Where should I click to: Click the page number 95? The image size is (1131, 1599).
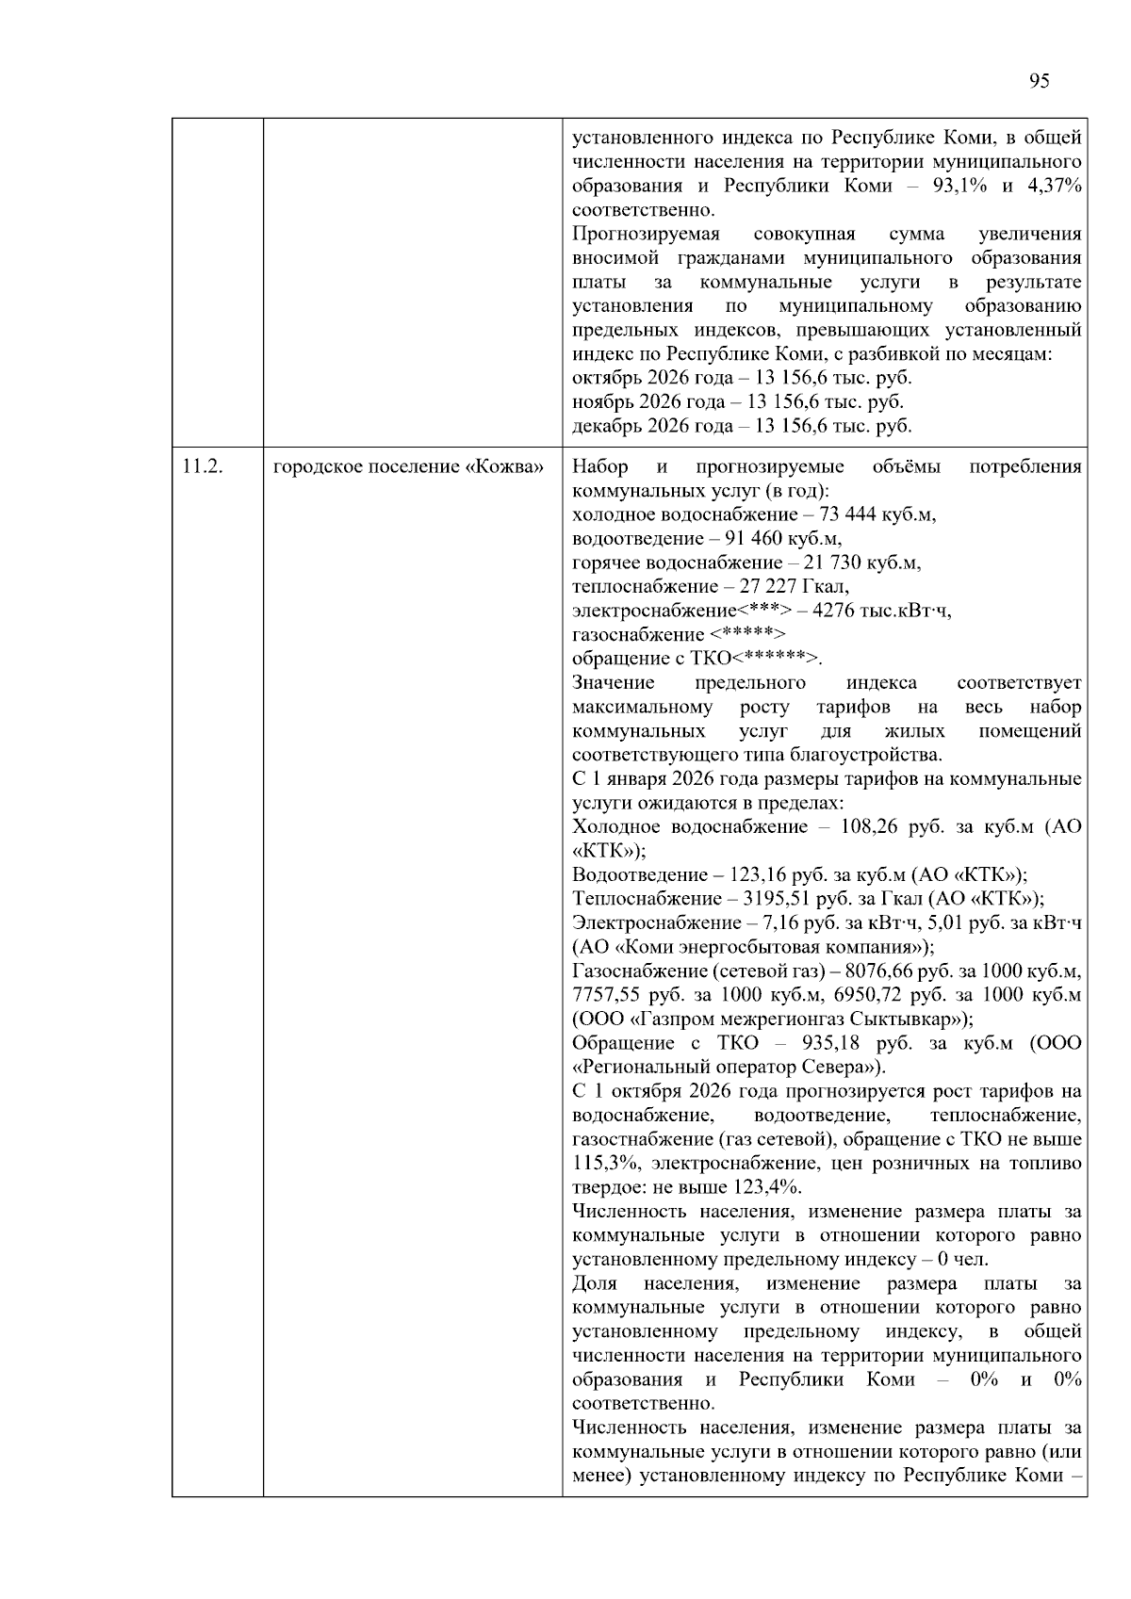1039,81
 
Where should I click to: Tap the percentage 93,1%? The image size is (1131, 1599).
959,186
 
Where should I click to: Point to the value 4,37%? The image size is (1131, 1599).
1055,186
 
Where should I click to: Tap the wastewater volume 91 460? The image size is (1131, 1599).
756,539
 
